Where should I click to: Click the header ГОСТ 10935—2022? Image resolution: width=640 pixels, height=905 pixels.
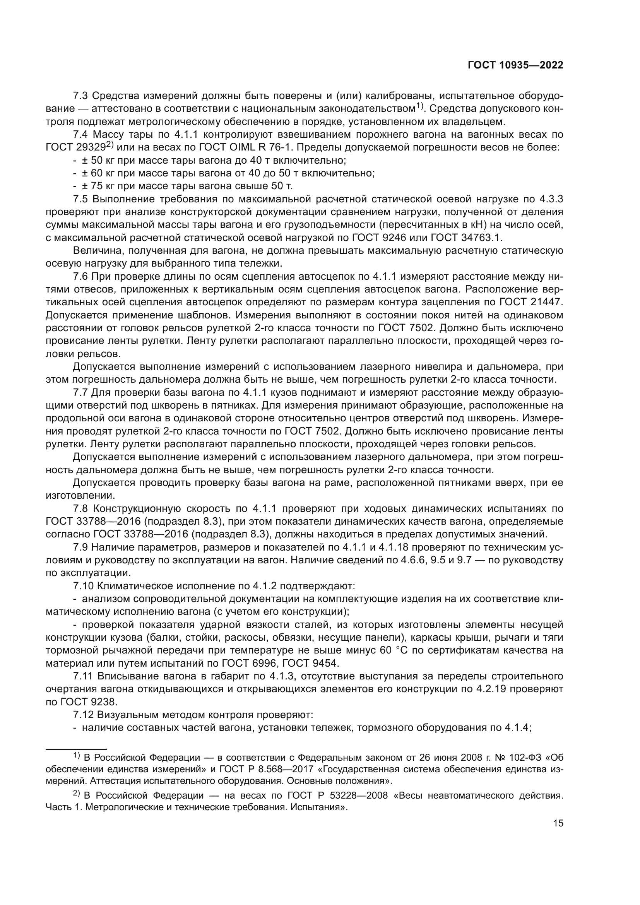[515, 65]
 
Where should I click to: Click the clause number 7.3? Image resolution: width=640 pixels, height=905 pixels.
[82, 96]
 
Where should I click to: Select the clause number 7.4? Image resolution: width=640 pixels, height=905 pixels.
[82, 135]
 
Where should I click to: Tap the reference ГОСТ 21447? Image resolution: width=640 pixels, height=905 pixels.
[532, 302]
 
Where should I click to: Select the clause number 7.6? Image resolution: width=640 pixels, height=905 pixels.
[82, 276]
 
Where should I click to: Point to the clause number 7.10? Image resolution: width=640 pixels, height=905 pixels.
[84, 586]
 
